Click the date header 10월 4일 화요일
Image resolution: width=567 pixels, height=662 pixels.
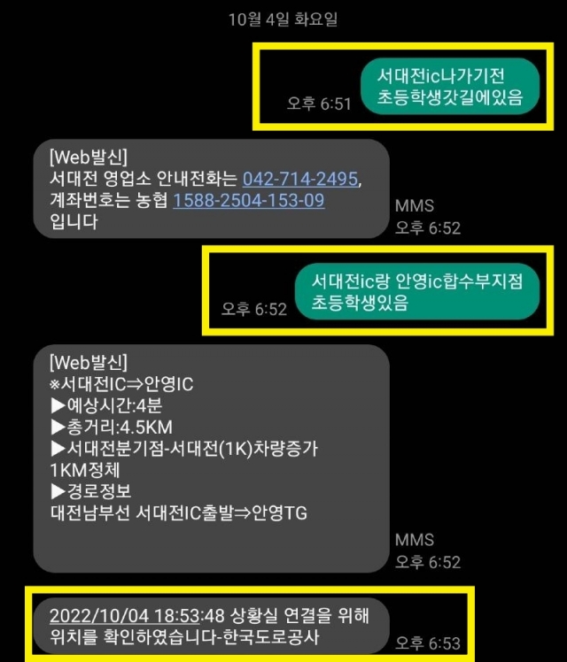click(283, 19)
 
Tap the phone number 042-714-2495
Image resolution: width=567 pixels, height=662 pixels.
click(301, 179)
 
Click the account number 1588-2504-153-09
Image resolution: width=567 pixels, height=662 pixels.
click(248, 200)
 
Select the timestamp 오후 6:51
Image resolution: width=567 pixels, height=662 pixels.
click(319, 104)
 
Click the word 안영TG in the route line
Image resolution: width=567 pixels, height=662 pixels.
click(280, 513)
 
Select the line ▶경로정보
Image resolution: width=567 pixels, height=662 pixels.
click(94, 492)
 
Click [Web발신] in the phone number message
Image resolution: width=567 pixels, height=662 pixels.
click(89, 158)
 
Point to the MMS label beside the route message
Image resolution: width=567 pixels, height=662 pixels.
click(415, 539)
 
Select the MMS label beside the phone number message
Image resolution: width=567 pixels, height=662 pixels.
click(415, 205)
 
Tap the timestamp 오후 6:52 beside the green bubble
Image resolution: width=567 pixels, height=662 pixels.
click(254, 309)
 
